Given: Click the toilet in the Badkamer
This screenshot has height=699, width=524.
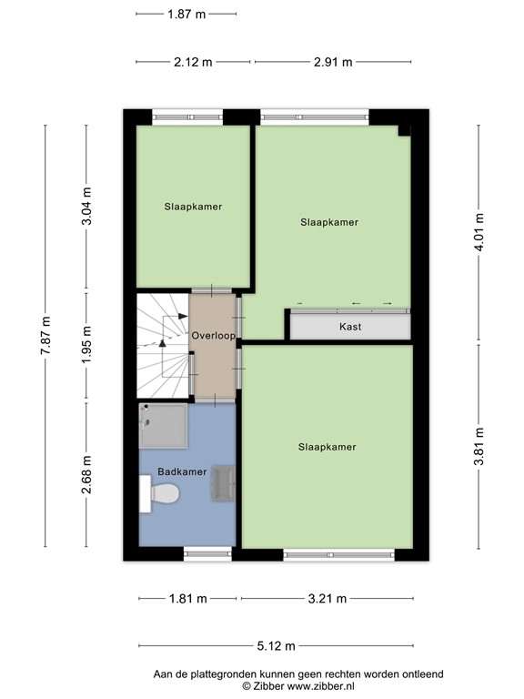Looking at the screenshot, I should (161, 494).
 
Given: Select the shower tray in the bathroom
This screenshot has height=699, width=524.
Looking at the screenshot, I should (164, 427).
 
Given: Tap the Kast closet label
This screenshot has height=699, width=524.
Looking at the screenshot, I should (349, 327).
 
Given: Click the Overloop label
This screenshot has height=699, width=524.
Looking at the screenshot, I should (214, 336).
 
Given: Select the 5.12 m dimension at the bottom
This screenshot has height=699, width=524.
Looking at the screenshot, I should (277, 646).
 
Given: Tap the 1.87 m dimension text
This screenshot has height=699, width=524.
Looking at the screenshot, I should (186, 14).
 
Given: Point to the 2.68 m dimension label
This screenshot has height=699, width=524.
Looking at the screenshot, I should (86, 474).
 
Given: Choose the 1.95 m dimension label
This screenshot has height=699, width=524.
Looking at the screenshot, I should (86, 347).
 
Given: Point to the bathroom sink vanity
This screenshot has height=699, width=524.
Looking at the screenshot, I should (222, 483).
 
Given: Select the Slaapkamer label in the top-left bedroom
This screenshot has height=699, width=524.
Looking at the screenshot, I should (193, 207).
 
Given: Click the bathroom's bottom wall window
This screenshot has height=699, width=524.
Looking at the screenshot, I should (207, 552).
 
